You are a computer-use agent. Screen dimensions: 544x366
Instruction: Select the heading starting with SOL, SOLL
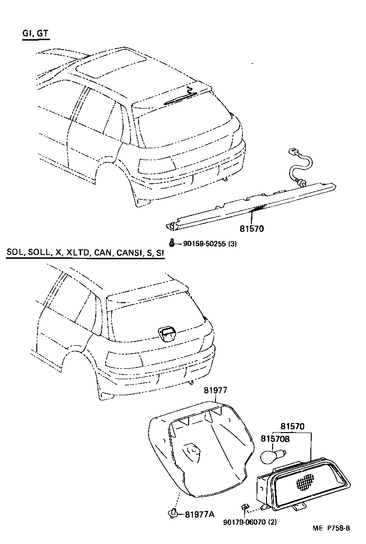(85, 253)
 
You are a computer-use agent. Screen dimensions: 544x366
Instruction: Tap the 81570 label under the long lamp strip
(251, 229)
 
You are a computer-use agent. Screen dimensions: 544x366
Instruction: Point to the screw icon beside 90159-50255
(172, 243)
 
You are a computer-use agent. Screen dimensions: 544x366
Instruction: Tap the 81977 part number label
(216, 391)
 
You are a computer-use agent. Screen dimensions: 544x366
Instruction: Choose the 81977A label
(200, 514)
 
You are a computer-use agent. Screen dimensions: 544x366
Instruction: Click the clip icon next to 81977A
(174, 512)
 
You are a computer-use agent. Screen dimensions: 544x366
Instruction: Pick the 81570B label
(275, 438)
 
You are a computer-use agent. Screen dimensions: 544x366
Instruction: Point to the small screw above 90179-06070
(245, 508)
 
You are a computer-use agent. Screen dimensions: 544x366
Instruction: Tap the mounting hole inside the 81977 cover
(192, 450)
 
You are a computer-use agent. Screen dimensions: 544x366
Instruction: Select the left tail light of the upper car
(156, 164)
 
